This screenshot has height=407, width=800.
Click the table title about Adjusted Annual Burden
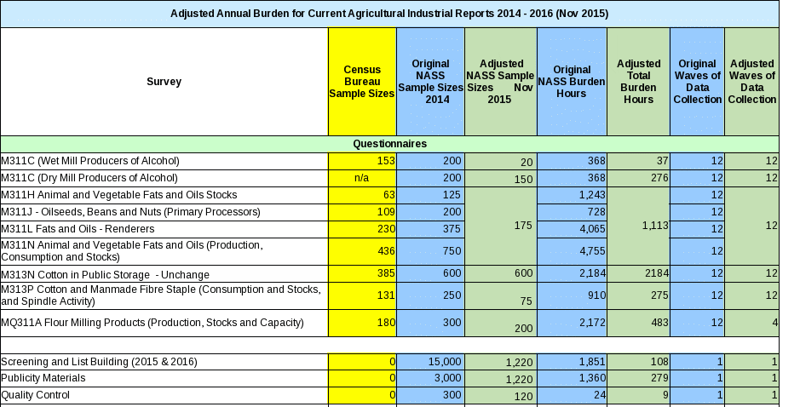click(389, 14)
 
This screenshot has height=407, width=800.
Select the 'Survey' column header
click(164, 82)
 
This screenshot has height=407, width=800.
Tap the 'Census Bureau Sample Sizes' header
click(362, 82)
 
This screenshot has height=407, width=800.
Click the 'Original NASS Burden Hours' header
click(572, 82)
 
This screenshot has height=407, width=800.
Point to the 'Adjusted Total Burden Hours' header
click(638, 82)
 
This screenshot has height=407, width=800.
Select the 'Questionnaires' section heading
click(389, 144)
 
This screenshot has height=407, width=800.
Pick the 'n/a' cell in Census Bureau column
click(362, 178)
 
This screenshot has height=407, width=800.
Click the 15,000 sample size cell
click(430, 362)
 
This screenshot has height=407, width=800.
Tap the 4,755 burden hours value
click(572, 251)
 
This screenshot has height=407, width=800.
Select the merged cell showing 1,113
click(638, 226)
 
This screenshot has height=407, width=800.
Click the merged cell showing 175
click(500, 226)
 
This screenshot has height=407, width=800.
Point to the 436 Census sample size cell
click(362, 251)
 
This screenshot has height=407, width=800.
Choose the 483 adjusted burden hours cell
click(638, 323)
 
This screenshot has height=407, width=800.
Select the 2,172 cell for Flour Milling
click(572, 323)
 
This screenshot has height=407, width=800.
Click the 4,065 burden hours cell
click(572, 229)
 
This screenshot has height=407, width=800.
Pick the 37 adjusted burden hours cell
click(638, 161)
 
